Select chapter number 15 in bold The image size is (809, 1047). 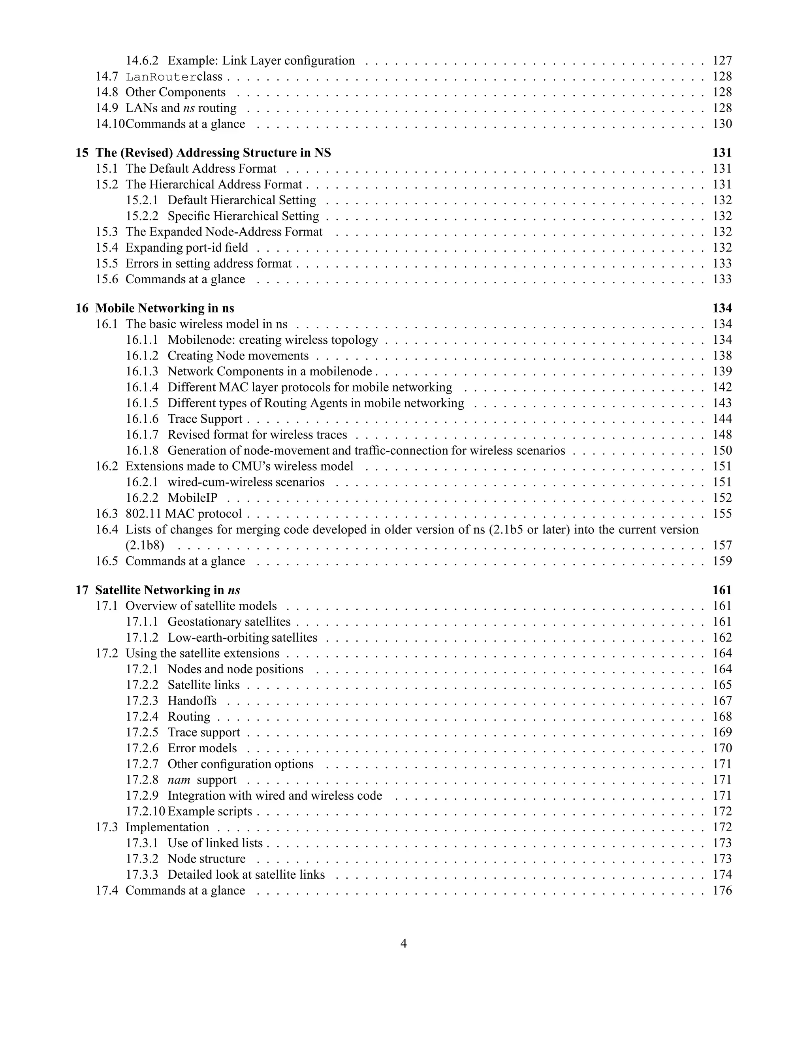coord(82,153)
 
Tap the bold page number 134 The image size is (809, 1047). coord(722,308)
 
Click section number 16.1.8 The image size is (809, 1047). coord(142,451)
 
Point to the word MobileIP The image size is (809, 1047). coord(192,498)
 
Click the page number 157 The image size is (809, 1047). coord(722,546)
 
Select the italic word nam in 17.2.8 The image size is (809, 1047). coord(179,780)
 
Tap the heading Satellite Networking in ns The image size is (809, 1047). coord(167,590)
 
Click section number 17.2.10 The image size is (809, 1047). coord(145,812)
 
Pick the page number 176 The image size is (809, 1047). coord(722,891)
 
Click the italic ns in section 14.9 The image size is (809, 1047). coord(189,108)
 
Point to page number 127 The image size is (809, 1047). coord(722,61)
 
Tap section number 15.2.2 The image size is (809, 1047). coord(142,216)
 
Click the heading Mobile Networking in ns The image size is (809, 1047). coord(164,308)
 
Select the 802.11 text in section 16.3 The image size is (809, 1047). coord(143,514)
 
